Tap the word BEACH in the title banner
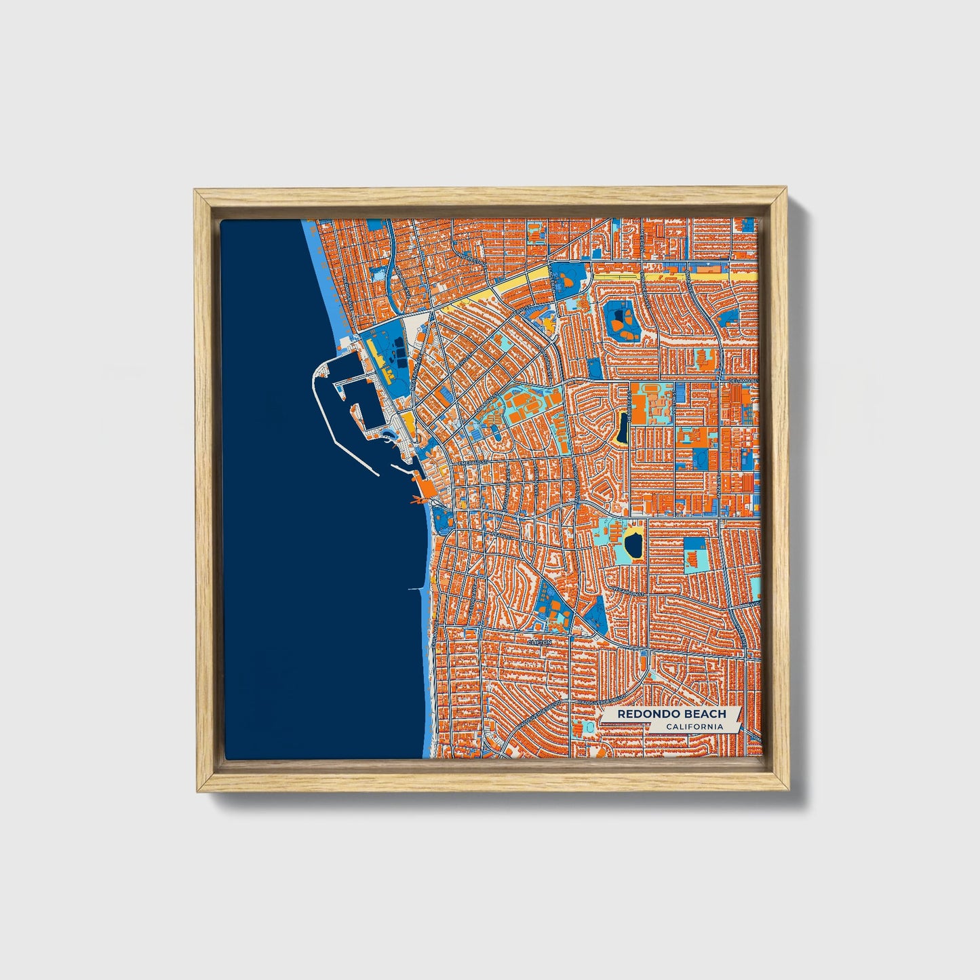pos(705,713)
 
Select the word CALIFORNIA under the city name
pos(694,727)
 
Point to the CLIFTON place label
pos(541,641)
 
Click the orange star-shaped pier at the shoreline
pos(416,501)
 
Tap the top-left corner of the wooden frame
pos(197,193)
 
